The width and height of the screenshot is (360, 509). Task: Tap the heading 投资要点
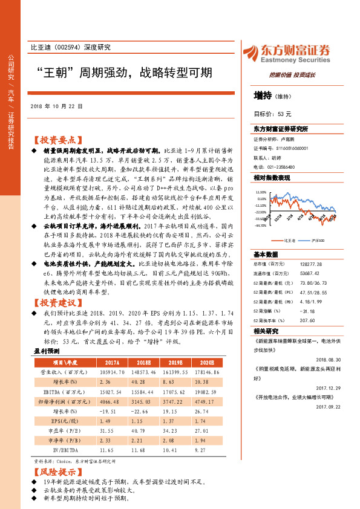(x=57, y=139)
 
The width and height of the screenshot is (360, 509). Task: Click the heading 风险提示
(x=57, y=472)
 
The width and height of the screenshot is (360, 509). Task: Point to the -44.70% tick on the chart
(x=260, y=226)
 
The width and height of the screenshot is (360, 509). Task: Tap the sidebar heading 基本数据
(x=266, y=254)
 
